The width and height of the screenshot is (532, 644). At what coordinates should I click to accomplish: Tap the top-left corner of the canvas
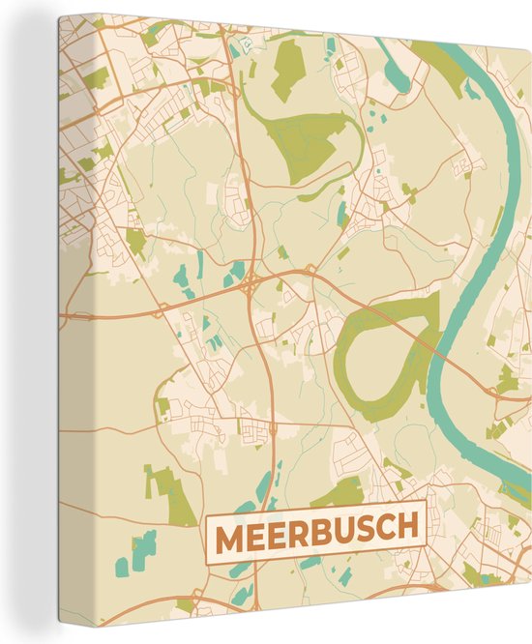[60, 17]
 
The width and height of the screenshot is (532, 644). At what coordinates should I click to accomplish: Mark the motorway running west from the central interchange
[145, 309]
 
